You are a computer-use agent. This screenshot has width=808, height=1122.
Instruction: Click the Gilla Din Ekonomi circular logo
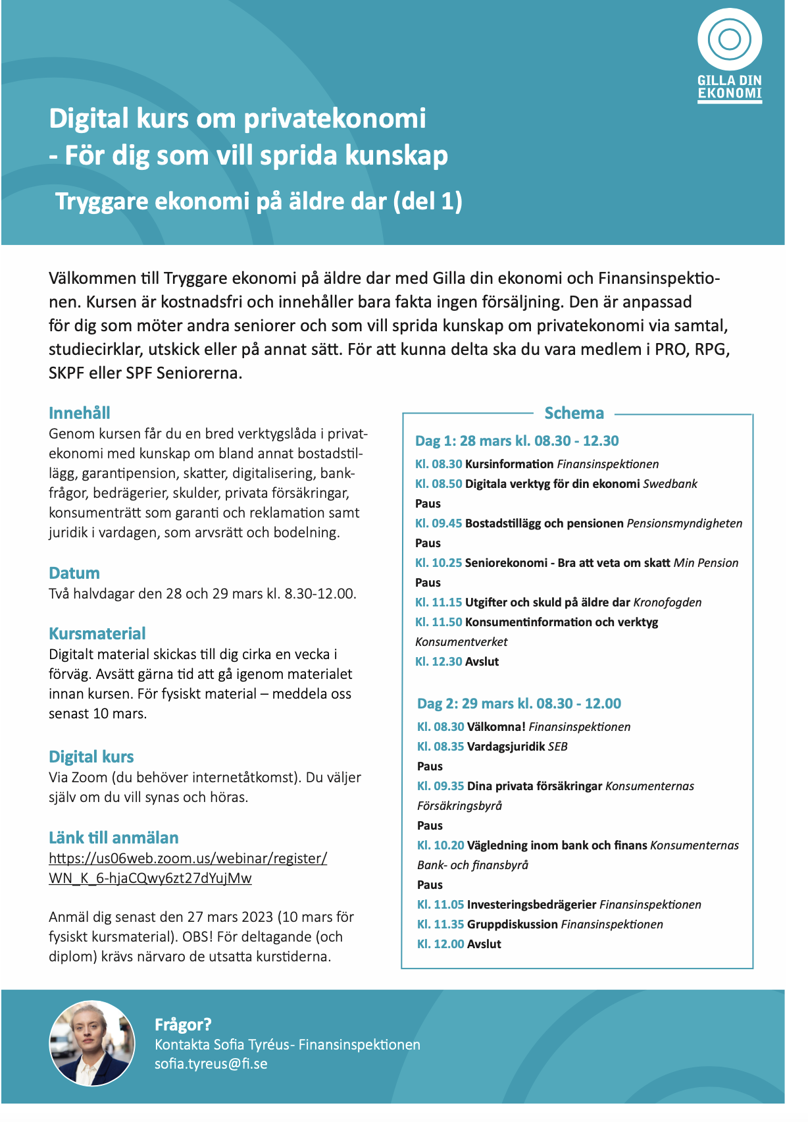[729, 40]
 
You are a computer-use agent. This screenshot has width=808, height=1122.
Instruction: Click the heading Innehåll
[79, 413]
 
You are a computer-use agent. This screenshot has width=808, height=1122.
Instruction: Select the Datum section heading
[74, 573]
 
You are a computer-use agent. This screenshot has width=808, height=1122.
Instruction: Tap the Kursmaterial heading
[97, 633]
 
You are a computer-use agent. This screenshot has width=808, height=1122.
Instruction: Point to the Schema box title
[574, 413]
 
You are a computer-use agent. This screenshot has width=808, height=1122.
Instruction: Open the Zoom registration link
[188, 868]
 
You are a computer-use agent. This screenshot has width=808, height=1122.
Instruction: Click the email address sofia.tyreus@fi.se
[211, 1063]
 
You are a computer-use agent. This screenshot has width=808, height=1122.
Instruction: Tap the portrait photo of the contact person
[91, 1044]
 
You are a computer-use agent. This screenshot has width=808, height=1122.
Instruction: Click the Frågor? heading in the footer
[183, 1025]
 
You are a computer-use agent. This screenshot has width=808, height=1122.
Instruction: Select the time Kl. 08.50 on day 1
[438, 484]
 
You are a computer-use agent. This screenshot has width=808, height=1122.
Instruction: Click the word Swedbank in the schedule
[670, 484]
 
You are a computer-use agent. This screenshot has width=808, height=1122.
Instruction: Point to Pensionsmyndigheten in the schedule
[684, 523]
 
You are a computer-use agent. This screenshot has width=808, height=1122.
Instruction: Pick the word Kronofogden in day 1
[667, 602]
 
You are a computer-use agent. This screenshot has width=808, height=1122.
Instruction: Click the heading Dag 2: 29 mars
[519, 703]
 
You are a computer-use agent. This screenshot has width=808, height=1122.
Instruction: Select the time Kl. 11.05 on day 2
[440, 905]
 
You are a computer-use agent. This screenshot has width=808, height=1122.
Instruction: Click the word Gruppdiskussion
[513, 924]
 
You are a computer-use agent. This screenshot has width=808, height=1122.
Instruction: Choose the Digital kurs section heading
[91, 757]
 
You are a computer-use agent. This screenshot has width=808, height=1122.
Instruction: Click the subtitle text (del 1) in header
[427, 201]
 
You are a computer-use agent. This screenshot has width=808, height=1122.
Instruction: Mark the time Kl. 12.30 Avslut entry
[457, 662]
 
